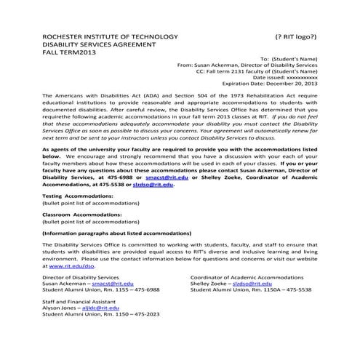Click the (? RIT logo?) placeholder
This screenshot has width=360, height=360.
[295, 36]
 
